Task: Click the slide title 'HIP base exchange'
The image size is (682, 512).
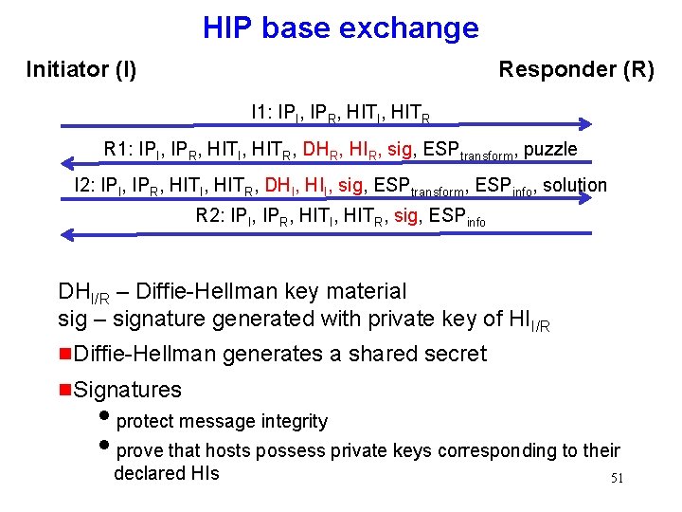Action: [340, 27]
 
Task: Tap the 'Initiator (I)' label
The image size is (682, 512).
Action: [81, 69]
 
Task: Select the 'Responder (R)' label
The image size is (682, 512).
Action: [576, 69]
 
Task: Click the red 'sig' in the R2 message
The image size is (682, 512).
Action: [405, 215]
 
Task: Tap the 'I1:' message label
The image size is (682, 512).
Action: [260, 113]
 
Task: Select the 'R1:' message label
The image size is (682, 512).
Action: [118, 149]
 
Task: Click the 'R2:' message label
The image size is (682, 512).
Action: [209, 215]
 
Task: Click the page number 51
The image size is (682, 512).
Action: [617, 478]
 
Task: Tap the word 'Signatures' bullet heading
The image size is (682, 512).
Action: [127, 389]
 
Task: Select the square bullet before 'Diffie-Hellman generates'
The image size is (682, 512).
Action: [64, 354]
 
